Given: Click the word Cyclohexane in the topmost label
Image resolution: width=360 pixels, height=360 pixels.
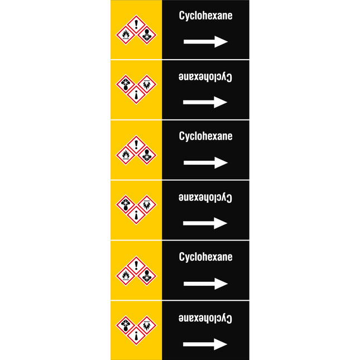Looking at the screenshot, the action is coord(205,16).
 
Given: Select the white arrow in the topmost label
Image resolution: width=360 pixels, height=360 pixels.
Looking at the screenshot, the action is coord(205,41).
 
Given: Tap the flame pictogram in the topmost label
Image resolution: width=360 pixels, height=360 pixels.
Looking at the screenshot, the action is coord(126,35).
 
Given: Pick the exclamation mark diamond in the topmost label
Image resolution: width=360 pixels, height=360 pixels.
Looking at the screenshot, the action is coord(136,25).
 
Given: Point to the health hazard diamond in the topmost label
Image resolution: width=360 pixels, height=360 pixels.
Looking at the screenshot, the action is coord(147,35).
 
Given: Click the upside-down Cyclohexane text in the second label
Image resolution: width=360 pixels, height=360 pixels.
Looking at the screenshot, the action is coord(205,76).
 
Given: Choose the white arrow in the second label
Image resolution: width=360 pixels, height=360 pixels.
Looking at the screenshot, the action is coord(205,102).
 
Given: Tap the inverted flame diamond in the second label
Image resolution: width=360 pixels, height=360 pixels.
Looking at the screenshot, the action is coord(147,84).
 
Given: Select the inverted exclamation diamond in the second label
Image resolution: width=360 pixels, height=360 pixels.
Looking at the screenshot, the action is coord(136,94).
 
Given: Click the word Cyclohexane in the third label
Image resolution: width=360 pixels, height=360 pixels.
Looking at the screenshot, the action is coord(205,136).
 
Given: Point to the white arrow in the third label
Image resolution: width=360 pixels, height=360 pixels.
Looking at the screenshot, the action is coord(205,162).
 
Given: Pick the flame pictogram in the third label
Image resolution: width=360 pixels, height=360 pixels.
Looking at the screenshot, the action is coord(126,155).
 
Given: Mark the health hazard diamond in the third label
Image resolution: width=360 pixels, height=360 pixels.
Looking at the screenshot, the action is coord(147,155).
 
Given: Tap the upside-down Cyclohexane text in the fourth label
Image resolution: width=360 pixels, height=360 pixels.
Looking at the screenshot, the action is coord(205,198).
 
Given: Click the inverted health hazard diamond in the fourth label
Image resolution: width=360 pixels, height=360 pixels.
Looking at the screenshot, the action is coord(126,204).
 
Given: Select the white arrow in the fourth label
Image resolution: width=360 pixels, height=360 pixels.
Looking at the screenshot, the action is coord(205,223).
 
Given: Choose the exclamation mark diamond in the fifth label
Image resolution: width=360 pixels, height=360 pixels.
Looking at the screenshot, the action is coord(136,266).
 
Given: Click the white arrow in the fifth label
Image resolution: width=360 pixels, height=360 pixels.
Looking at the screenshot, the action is coord(205,284).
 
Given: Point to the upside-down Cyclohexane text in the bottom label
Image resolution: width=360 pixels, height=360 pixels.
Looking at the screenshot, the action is coord(205,318).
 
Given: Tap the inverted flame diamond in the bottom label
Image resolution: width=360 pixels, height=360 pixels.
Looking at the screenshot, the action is coord(147,325).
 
